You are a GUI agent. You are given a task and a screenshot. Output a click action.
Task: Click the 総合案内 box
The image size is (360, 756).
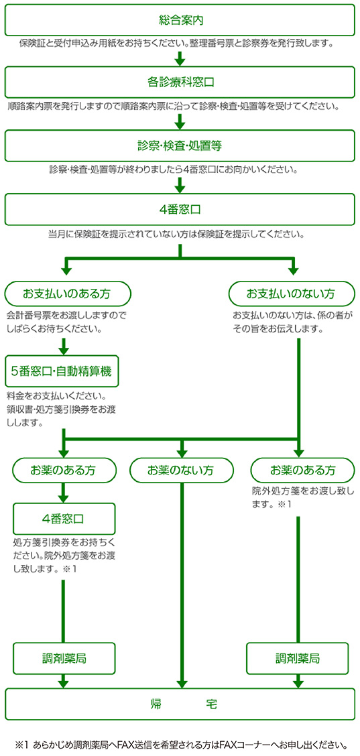coord(180,20)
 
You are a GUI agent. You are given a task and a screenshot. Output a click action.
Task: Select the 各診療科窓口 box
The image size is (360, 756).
coord(180,82)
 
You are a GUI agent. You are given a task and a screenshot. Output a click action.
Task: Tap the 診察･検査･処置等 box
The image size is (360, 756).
coord(180,145)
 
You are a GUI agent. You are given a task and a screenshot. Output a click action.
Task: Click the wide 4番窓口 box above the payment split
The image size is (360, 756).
coord(180,210)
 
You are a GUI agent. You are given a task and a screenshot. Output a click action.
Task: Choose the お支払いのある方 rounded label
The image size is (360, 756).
coord(68,293)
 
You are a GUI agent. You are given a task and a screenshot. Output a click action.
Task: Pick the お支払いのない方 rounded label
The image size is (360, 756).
coord(291,293)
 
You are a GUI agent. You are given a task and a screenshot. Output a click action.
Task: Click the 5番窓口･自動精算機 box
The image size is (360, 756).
coord(63,371)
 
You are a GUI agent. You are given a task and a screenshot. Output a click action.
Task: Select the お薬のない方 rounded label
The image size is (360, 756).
coord(181,469)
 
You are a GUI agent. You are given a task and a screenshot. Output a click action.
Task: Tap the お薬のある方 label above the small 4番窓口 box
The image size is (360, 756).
coord(64,469)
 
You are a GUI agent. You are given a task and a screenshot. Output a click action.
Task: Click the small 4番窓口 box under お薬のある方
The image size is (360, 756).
coord(64,518)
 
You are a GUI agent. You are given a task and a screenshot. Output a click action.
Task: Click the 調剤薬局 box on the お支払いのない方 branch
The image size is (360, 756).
coord(297,657)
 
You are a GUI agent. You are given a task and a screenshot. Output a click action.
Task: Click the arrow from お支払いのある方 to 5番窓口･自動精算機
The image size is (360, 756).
coord(64,345)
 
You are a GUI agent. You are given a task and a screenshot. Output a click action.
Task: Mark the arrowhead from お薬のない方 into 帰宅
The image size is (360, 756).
coord(182,683)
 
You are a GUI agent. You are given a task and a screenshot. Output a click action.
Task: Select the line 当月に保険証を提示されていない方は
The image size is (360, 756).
coord(176,236)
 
